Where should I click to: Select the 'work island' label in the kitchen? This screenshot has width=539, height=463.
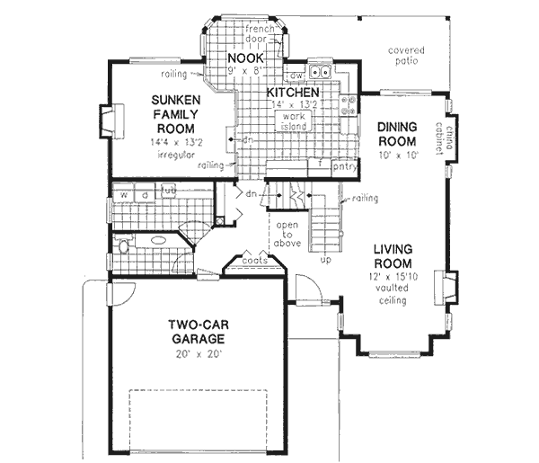coord(294,122)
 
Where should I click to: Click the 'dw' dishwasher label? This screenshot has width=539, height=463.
coord(295,76)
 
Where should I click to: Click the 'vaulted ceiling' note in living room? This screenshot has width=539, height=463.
coord(392,295)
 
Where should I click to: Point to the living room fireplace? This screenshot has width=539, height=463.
coord(442,289)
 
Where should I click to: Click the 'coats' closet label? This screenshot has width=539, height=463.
coord(254,262)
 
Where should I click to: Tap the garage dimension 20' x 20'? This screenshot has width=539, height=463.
coord(193,354)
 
